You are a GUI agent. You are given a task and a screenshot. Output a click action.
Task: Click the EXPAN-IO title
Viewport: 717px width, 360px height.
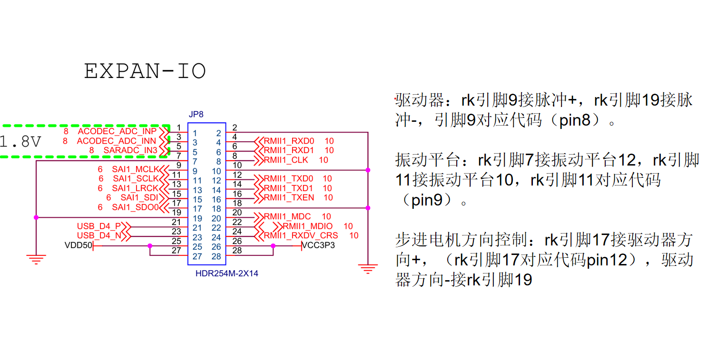coord(145,71)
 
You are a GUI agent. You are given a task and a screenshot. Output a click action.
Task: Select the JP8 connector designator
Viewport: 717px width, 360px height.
coord(196,115)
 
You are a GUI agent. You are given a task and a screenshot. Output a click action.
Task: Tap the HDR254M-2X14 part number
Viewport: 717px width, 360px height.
coord(227,273)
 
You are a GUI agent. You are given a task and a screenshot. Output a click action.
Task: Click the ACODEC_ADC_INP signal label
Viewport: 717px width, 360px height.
coord(117,131)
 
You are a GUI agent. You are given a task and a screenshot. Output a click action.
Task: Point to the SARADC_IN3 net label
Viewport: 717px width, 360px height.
coord(130,150)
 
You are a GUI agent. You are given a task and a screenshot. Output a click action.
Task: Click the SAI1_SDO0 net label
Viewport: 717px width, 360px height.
coord(135,207)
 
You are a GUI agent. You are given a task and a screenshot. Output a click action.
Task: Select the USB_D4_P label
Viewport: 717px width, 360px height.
coord(99,226)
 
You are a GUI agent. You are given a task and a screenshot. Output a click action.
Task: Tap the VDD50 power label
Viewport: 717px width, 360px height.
coord(78,245)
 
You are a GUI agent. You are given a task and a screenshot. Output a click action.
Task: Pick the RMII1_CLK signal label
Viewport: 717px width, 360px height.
coord(286,160)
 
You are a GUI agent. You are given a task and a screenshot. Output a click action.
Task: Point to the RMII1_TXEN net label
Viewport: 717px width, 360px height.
coord(289,198)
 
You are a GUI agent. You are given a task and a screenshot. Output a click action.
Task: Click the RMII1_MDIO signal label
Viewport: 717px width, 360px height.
coord(308,226)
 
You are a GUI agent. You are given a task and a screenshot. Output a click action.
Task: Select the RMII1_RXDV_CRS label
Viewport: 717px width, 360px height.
coord(301,236)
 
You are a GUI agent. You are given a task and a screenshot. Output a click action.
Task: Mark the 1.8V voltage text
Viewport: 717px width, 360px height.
coord(20,142)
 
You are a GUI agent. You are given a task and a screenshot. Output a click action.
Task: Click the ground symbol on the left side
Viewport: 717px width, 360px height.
coord(36,259)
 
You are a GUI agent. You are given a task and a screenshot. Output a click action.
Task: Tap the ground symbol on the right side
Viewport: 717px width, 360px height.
coord(368,269)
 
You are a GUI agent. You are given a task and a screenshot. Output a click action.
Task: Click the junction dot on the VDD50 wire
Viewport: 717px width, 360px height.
coord(150,246)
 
